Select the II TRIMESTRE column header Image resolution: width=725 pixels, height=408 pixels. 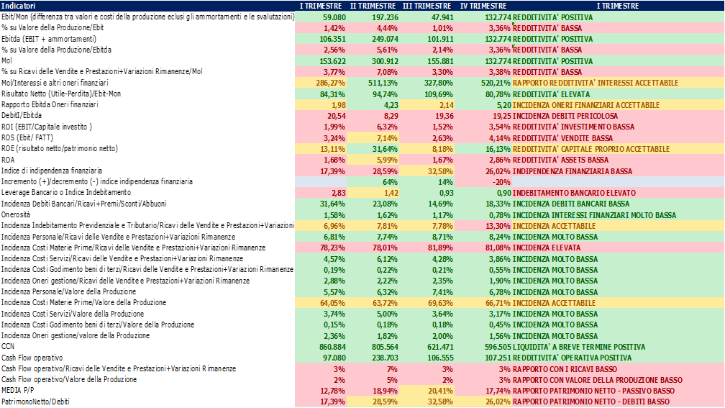[x=373, y=5]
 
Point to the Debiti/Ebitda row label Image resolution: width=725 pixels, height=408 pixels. [x=21, y=115]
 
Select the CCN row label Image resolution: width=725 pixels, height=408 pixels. [x=9, y=346]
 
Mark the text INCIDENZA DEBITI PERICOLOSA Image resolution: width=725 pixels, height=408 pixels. [x=565, y=115]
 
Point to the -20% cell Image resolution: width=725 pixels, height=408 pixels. [x=501, y=181]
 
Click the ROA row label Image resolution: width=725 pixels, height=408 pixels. [x=9, y=159]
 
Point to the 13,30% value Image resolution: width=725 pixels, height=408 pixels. [x=497, y=225]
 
